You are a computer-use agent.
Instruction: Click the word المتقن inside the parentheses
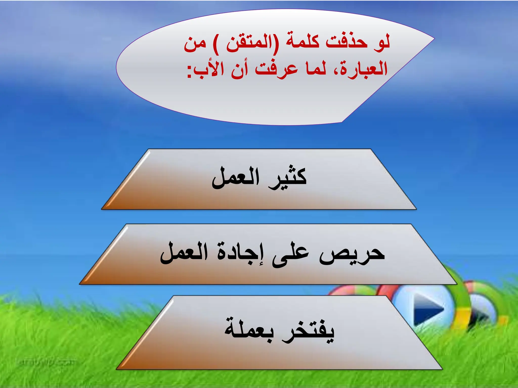click(248, 43)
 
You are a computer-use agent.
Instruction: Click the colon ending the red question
click(189, 72)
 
